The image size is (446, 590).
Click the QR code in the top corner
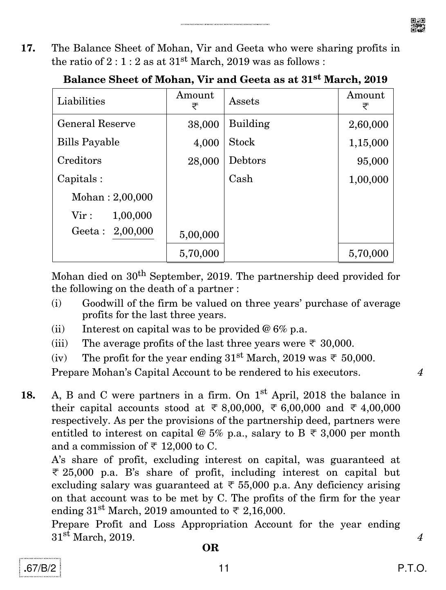point(417,25)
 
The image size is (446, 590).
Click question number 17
point(28,48)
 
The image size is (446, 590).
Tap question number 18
point(28,395)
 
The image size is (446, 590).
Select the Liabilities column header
point(81,101)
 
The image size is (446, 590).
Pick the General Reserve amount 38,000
point(203,125)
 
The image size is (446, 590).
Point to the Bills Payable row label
point(88,142)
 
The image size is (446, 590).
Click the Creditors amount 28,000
point(203,161)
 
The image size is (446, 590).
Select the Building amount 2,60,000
point(368,125)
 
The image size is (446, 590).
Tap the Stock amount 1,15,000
point(368,143)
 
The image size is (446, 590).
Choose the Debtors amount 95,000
point(372,161)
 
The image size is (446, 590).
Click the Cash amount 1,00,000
point(368,180)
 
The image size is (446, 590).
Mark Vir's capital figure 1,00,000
point(132,216)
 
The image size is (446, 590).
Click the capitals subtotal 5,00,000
point(199,235)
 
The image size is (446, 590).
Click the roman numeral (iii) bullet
point(60,343)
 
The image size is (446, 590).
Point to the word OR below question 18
point(211,548)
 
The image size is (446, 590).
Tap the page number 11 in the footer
point(224,568)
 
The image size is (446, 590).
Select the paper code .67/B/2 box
point(40,568)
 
